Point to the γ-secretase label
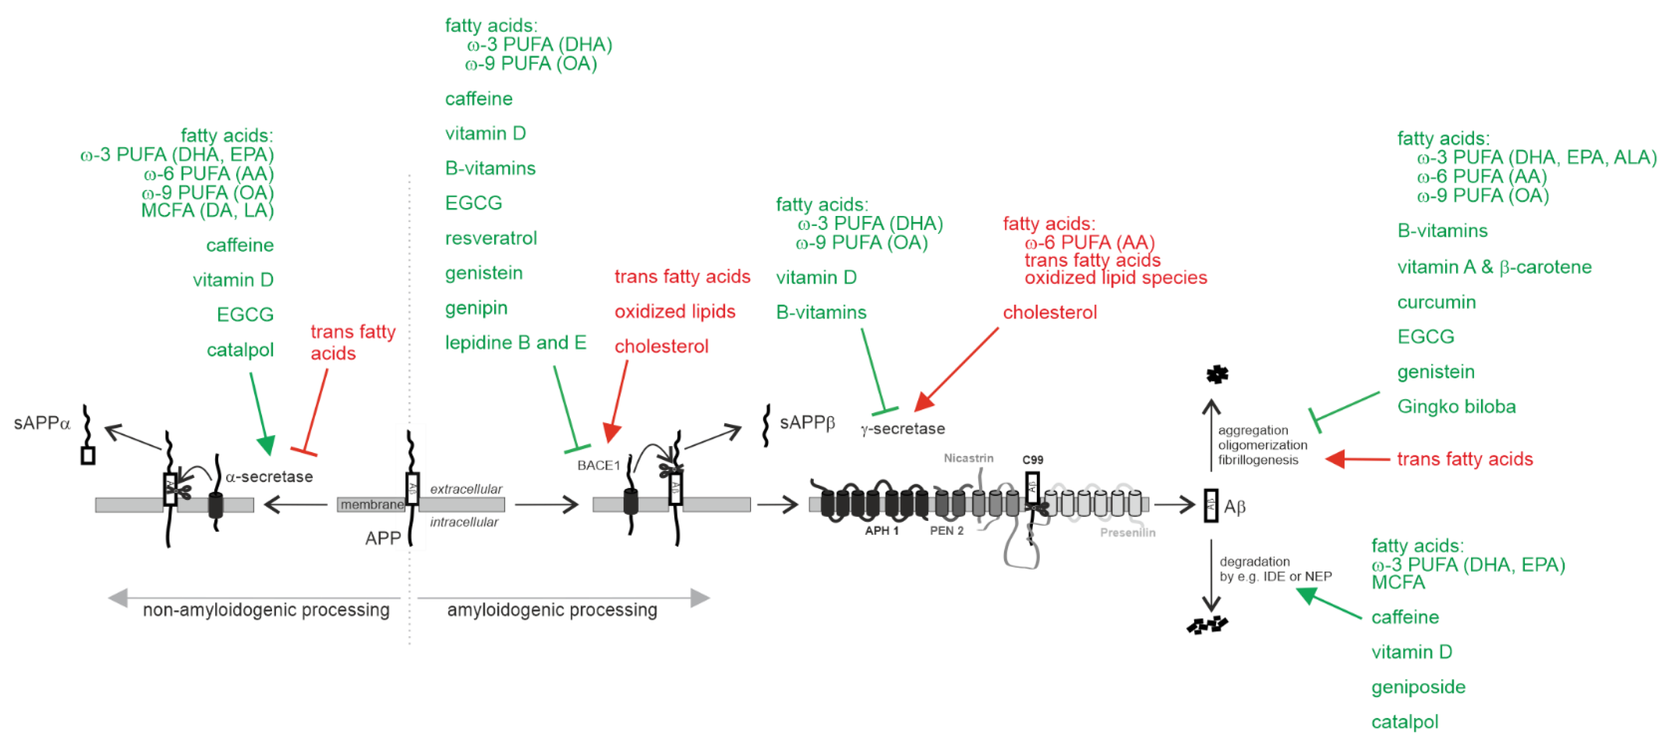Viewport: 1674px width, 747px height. (903, 428)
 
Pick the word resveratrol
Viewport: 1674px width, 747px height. (491, 238)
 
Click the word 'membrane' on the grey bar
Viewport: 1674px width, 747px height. (372, 505)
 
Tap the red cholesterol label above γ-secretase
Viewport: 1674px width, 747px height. (1049, 312)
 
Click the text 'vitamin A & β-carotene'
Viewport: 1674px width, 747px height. (1494, 267)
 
